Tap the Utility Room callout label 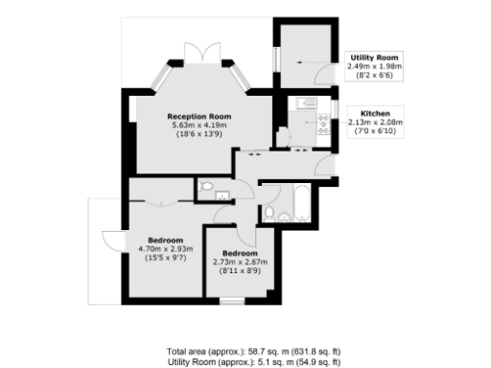pos(368,57)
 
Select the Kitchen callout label pos(375,112)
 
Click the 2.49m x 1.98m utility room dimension pos(368,66)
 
